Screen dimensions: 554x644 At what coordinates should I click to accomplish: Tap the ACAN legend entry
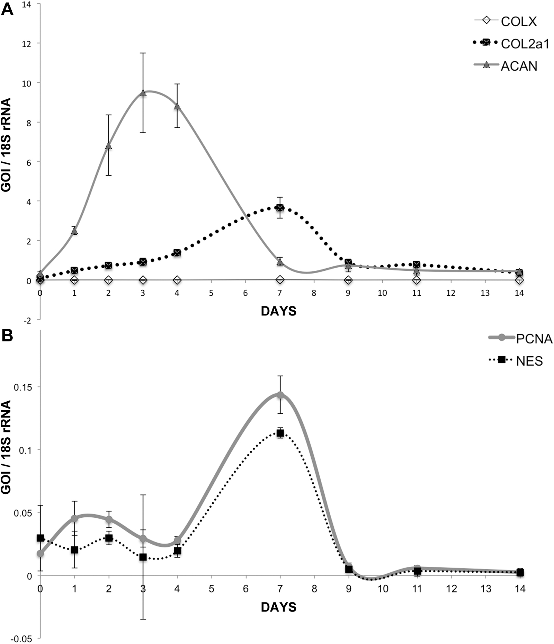(505, 66)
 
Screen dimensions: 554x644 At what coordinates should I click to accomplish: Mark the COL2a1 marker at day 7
(280, 207)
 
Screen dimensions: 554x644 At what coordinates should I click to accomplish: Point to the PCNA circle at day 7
(280, 395)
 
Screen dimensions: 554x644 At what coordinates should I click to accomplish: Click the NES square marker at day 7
(280, 433)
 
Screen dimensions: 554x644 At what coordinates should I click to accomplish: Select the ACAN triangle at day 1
(74, 231)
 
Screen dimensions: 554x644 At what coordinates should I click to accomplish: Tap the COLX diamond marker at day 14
(519, 280)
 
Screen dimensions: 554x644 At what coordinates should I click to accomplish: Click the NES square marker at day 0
(41, 538)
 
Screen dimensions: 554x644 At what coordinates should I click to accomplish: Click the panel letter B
(7, 335)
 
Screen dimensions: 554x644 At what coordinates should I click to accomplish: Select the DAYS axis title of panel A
(279, 311)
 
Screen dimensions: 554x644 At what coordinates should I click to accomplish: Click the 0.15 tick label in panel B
(23, 387)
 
